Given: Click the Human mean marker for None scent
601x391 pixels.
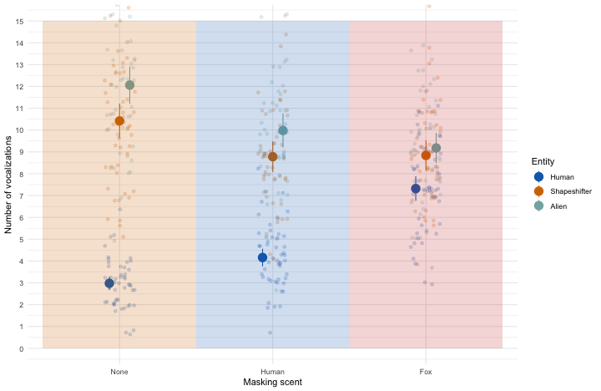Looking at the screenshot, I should (109, 283).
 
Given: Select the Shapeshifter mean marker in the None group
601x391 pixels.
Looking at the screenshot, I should (119, 121).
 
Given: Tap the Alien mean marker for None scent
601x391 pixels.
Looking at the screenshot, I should (129, 85).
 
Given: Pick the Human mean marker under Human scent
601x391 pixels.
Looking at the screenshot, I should (262, 257).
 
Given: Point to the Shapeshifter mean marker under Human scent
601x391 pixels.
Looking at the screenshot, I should (273, 156).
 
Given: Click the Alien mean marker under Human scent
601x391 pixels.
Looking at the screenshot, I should (283, 130).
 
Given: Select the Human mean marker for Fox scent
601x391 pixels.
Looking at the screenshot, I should (416, 189).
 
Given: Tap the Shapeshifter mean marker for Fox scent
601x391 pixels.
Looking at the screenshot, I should (426, 155).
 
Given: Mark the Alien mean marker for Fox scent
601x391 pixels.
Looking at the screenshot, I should (436, 148).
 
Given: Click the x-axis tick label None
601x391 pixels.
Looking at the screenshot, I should (119, 370).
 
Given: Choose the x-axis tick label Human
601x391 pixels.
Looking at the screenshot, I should (272, 370).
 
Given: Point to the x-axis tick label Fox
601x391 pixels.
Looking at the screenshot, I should (426, 370).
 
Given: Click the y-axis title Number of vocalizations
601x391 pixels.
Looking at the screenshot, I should (8, 185).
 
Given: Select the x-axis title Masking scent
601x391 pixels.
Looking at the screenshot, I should (272, 382).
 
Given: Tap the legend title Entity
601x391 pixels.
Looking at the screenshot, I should (543, 161).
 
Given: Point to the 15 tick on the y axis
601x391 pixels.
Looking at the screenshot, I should (19, 21).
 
